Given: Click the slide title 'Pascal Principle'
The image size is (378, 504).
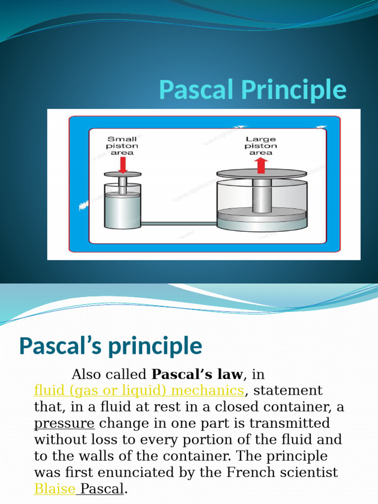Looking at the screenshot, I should [252, 90].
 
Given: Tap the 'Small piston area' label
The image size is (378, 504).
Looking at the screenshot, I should [123, 146].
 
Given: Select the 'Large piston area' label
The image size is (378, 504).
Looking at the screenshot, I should [261, 146].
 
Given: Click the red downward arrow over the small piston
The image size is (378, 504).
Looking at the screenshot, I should [123, 164].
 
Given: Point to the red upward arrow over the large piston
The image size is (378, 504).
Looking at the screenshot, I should [261, 165].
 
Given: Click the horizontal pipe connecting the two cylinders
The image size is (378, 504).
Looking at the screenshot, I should [179, 223].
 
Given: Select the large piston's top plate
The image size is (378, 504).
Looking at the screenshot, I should [261, 173].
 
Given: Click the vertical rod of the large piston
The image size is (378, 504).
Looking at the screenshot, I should [261, 194].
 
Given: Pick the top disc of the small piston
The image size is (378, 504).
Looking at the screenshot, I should [123, 174].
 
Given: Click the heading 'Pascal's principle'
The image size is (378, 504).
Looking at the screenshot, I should [110, 346].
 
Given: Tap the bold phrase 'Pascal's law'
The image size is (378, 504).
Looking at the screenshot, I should [197, 375].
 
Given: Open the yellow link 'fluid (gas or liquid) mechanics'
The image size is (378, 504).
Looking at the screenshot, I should [139, 391].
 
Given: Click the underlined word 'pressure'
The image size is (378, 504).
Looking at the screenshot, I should [64, 423].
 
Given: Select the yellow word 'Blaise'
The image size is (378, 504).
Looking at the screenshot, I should [55, 489].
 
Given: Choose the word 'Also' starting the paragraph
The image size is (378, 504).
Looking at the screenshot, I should [89, 375].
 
